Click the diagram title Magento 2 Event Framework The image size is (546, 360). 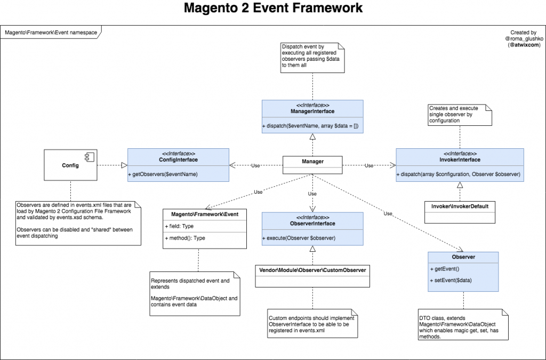[x=273, y=9]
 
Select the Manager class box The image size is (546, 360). [x=312, y=164]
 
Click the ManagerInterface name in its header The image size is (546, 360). [x=312, y=111]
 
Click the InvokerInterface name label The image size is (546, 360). [x=459, y=159]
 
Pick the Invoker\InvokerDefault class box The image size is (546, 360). [x=460, y=212]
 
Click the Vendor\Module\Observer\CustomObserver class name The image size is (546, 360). [x=312, y=270]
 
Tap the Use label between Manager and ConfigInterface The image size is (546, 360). [x=255, y=166]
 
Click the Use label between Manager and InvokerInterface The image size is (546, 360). [x=369, y=166]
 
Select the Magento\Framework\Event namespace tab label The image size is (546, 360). [x=51, y=32]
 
